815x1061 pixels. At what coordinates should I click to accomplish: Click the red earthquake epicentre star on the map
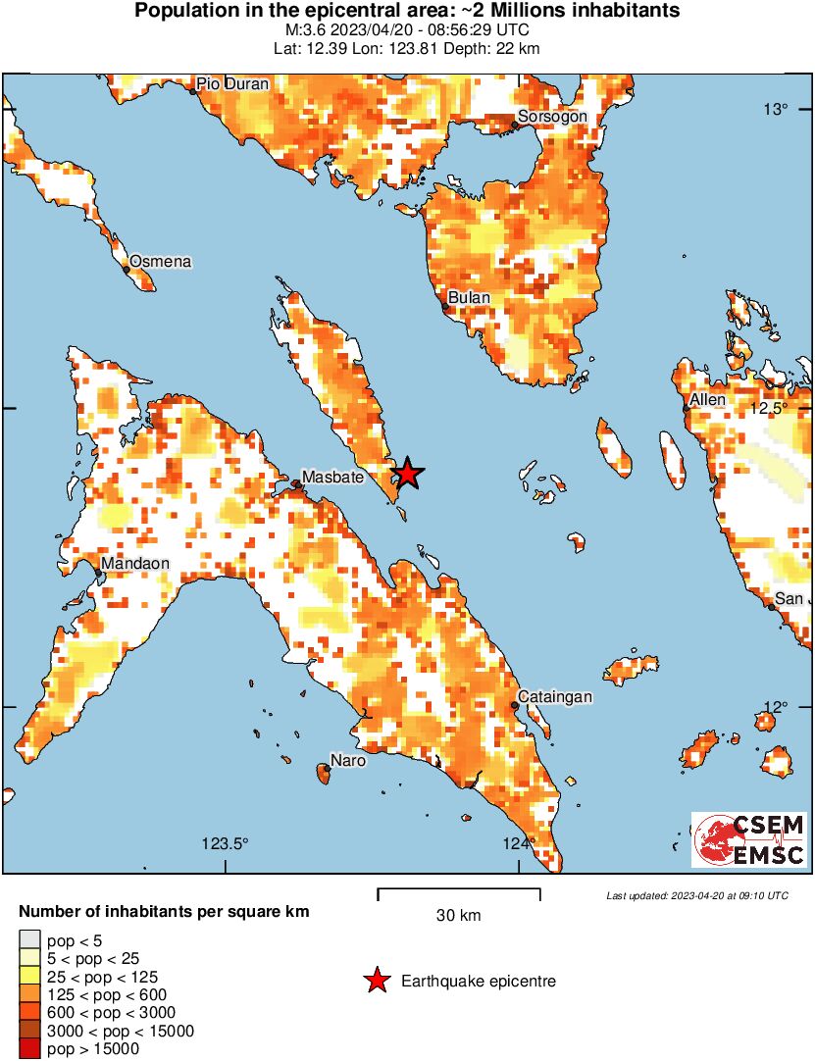click(x=407, y=475)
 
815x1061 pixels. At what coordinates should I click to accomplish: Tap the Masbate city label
click(x=332, y=477)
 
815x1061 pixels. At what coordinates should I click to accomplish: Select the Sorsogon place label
click(x=552, y=117)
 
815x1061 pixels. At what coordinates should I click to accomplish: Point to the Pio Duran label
click(x=232, y=84)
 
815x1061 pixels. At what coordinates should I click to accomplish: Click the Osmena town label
click(x=161, y=262)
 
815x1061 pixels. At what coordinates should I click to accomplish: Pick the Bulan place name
click(x=469, y=297)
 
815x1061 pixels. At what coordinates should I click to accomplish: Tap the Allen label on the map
click(x=707, y=400)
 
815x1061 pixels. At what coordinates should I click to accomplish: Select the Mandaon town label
click(x=135, y=564)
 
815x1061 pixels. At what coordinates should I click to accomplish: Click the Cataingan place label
click(x=555, y=696)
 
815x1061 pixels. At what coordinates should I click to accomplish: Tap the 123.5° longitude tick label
click(x=226, y=843)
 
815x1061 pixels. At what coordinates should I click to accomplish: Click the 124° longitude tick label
click(x=518, y=843)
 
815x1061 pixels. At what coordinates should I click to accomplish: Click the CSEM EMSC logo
click(x=750, y=839)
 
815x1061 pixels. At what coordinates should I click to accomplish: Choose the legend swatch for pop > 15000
click(x=30, y=1048)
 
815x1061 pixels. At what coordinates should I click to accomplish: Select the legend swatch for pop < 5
click(x=30, y=940)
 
